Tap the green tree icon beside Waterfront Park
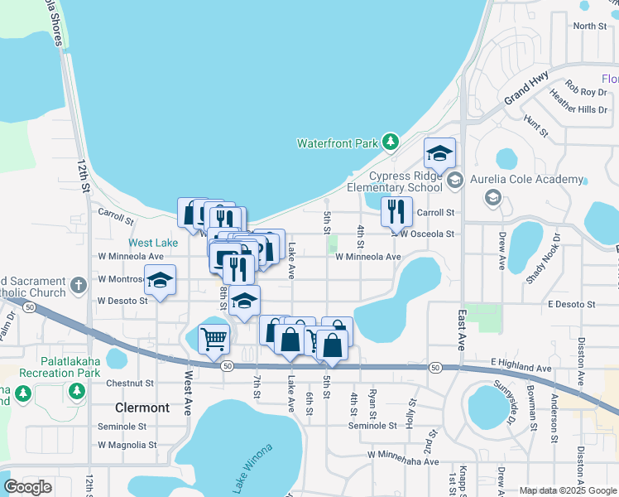pyautogui.click(x=391, y=143)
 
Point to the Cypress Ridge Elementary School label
pyautogui.click(x=405, y=181)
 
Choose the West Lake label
pyautogui.click(x=153, y=243)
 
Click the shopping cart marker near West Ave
pyautogui.click(x=214, y=338)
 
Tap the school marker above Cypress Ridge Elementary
pyautogui.click(x=440, y=152)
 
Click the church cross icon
pyautogui.click(x=79, y=285)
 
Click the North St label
pyautogui.click(x=590, y=26)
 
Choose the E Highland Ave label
pyautogui.click(x=521, y=367)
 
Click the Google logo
pyautogui.click(x=28, y=488)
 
